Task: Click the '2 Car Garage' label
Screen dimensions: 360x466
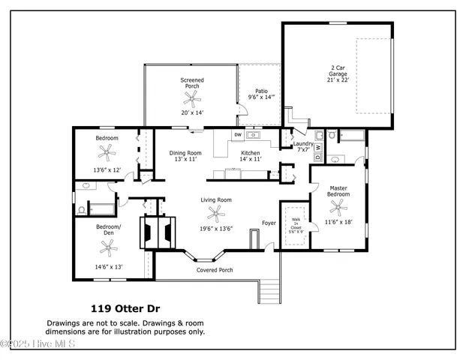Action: (x=338, y=70)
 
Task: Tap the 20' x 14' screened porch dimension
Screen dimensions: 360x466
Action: (x=192, y=112)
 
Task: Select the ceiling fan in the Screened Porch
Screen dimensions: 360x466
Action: (x=192, y=96)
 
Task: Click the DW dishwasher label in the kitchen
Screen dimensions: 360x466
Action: (x=238, y=135)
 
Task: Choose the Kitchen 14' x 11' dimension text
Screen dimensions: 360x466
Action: (x=250, y=159)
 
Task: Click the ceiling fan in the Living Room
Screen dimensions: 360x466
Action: (x=216, y=214)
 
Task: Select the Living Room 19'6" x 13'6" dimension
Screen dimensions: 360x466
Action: (x=216, y=229)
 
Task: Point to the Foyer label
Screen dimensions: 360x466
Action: (x=269, y=223)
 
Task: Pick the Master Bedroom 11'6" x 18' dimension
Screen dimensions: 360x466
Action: (x=338, y=222)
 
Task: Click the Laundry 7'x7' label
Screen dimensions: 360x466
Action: (x=302, y=146)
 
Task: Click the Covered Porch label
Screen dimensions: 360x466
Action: (x=215, y=270)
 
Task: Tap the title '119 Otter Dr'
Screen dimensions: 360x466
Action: (x=125, y=308)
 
